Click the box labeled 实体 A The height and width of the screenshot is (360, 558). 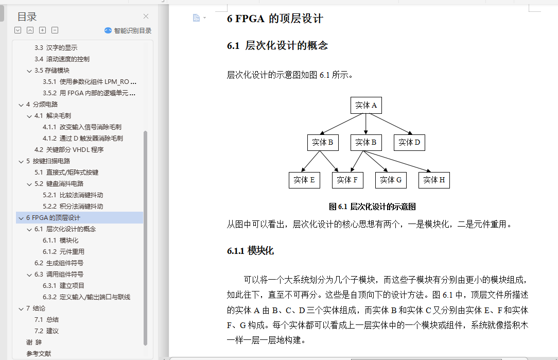(x=366, y=106)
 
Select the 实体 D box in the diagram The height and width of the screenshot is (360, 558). (x=409, y=143)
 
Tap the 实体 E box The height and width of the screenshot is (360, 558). (x=304, y=180)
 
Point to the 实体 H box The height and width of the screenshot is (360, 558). (x=434, y=180)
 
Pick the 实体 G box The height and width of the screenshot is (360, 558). (x=391, y=180)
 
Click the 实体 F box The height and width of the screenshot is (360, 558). (x=347, y=180)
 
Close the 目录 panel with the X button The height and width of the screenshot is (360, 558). (x=146, y=16)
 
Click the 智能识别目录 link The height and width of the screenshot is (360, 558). (x=128, y=30)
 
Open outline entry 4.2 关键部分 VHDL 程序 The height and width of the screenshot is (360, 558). (x=69, y=149)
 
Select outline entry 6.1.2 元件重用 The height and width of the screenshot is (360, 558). (x=64, y=252)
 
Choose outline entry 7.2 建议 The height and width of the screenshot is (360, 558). (x=47, y=331)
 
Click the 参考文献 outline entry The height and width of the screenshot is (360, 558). (x=39, y=354)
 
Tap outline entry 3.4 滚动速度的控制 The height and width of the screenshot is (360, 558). (x=62, y=59)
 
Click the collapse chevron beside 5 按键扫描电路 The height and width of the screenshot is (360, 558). (x=21, y=161)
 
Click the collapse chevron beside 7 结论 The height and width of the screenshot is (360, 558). (x=21, y=308)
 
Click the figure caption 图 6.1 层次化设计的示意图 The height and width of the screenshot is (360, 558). (x=372, y=207)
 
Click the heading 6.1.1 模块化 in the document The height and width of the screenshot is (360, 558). (x=250, y=251)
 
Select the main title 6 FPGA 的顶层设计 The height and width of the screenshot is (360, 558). (x=275, y=19)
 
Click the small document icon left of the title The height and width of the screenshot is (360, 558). (x=196, y=18)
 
